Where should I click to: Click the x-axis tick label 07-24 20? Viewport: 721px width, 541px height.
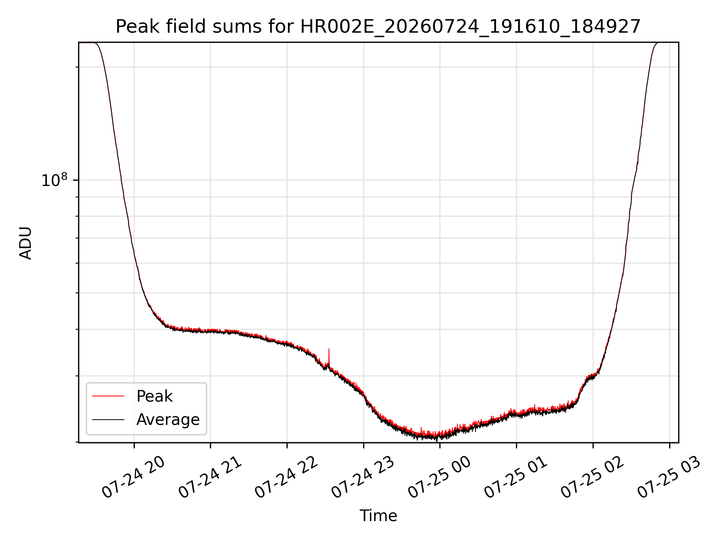click(x=133, y=477)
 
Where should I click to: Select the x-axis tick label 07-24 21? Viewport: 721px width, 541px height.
click(x=210, y=477)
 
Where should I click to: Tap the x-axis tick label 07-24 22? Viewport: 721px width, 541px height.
click(x=287, y=477)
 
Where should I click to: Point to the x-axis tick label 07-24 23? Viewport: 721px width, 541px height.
click(x=363, y=477)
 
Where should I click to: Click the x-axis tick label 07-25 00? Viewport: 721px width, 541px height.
click(x=440, y=477)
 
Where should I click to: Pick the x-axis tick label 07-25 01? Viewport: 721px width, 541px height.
click(x=516, y=477)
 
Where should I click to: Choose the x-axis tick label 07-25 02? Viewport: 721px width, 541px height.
click(x=593, y=477)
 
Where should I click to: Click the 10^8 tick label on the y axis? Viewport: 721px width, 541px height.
click(x=55, y=180)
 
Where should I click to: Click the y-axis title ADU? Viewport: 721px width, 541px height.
click(x=26, y=243)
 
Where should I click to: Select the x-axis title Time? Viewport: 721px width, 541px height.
click(x=378, y=516)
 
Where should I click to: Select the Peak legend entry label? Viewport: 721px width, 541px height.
click(x=154, y=396)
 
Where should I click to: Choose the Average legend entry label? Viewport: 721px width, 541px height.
click(x=168, y=420)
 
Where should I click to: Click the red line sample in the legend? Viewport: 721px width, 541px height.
click(x=108, y=396)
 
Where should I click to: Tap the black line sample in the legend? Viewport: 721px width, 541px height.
click(x=108, y=419)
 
